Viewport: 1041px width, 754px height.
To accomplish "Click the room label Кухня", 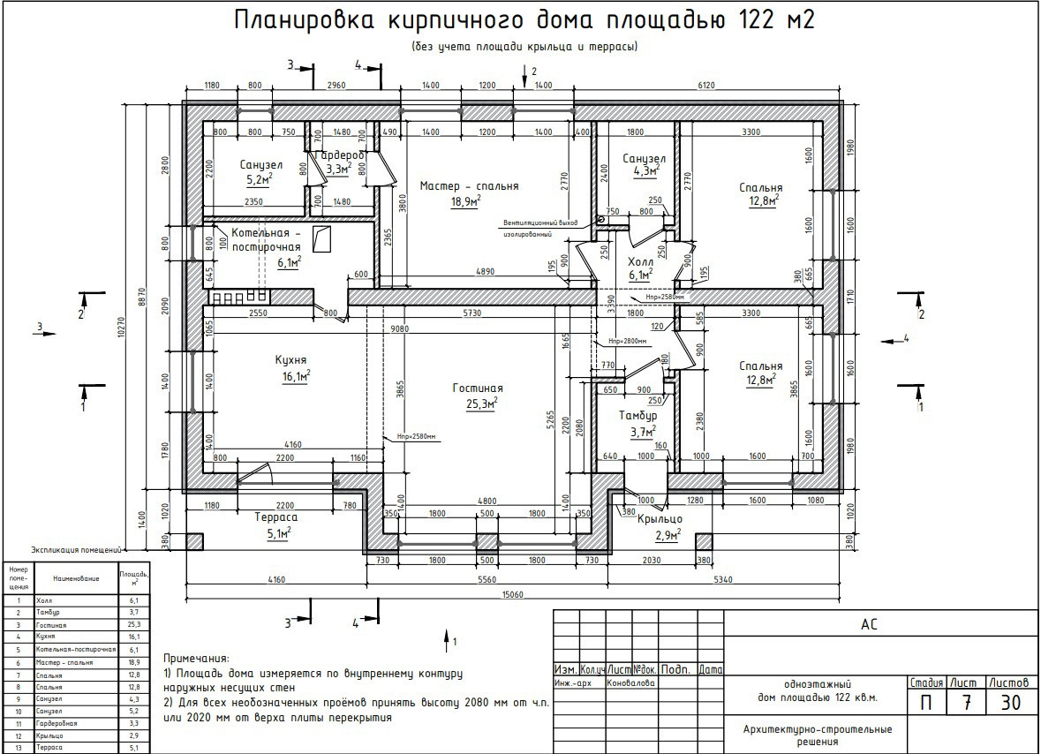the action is (x=290, y=360).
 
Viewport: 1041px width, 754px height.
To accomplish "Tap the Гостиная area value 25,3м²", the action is (x=480, y=404).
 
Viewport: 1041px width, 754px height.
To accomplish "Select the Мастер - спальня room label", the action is (x=469, y=186).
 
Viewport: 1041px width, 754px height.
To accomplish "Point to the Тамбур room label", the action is (x=637, y=415).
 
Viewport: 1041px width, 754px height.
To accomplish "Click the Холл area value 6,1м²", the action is (x=639, y=276).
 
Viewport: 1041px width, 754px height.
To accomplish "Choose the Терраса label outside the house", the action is (x=275, y=517).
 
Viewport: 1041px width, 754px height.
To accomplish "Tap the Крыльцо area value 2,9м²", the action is (x=665, y=536).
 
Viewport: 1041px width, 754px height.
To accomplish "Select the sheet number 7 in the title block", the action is (x=967, y=703).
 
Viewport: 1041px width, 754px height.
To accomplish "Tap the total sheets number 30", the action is (x=1011, y=703).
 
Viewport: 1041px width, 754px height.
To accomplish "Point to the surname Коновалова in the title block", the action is (x=631, y=682).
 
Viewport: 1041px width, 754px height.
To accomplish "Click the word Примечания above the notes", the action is (x=196, y=659).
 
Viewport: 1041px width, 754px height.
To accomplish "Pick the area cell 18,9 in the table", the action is (x=134, y=661).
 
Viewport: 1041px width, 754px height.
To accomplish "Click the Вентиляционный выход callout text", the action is (x=541, y=222).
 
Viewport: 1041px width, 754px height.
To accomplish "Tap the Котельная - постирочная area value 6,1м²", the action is (x=289, y=262).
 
